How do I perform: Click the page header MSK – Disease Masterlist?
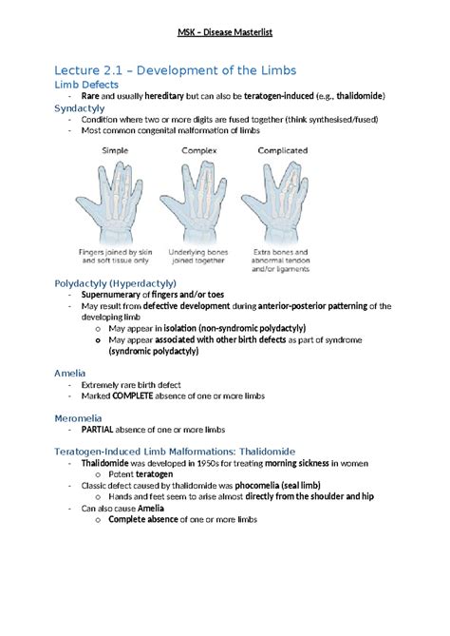pyautogui.click(x=225, y=36)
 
